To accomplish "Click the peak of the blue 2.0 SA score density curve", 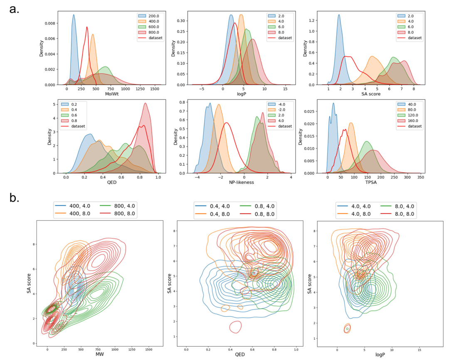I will (339, 15).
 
